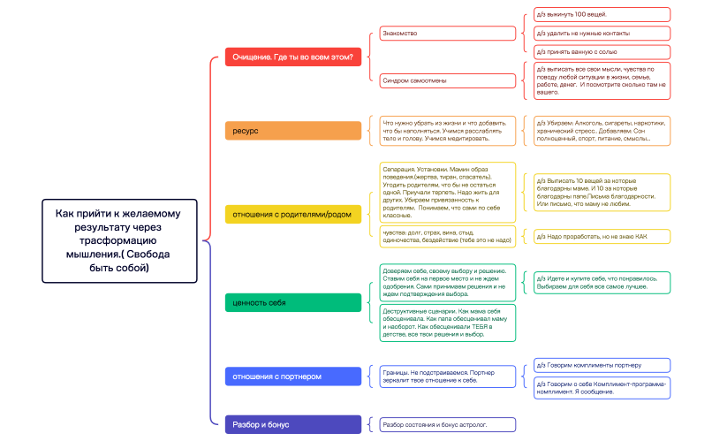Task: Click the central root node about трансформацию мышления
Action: click(x=119, y=240)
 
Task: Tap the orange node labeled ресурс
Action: click(x=293, y=131)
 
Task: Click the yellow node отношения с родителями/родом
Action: click(x=293, y=214)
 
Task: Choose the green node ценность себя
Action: click(x=293, y=303)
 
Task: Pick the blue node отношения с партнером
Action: click(x=293, y=376)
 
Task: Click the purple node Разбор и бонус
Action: click(x=293, y=424)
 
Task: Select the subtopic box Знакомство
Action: click(x=447, y=34)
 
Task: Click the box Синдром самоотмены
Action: click(x=447, y=80)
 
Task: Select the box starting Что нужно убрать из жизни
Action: click(x=447, y=130)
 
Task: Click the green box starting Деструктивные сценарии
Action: click(x=447, y=323)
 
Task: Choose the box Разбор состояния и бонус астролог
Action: click(x=447, y=425)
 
